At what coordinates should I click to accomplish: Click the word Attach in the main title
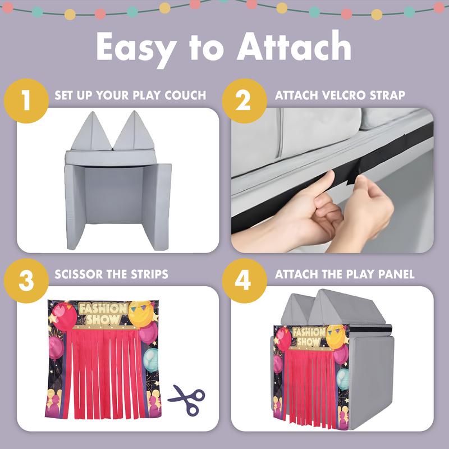[294, 46]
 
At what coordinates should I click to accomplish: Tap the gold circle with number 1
[26, 101]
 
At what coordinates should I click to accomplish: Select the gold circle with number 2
[245, 101]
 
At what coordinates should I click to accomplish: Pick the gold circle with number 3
[26, 281]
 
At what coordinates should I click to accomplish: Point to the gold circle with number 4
[245, 281]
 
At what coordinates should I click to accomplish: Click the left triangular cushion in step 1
[91, 131]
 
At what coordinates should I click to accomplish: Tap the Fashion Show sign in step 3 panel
[103, 314]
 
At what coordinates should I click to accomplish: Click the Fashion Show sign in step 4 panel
[309, 337]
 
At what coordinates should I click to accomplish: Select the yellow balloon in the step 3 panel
[140, 314]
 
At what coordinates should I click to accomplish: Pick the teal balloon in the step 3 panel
[152, 359]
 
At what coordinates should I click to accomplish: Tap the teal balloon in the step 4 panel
[342, 379]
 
